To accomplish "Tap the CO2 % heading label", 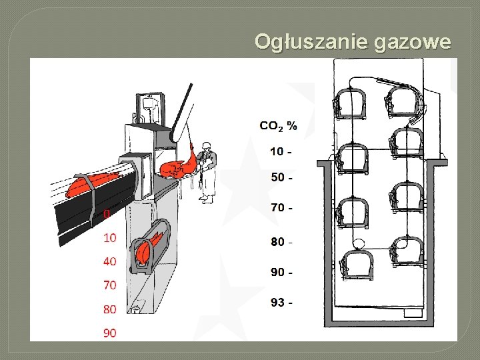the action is tap(278, 125).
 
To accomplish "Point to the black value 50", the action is tap(278, 178).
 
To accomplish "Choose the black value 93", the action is tap(278, 303).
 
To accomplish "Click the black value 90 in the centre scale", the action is tap(278, 272).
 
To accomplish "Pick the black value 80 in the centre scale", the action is tap(278, 241).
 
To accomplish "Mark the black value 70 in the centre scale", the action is tap(278, 207).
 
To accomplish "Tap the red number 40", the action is tap(110, 261).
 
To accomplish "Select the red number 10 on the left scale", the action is tap(110, 237).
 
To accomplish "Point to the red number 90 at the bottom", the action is tap(110, 333).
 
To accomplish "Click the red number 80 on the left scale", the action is tap(110, 309).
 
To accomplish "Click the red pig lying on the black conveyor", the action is tap(93, 181).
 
